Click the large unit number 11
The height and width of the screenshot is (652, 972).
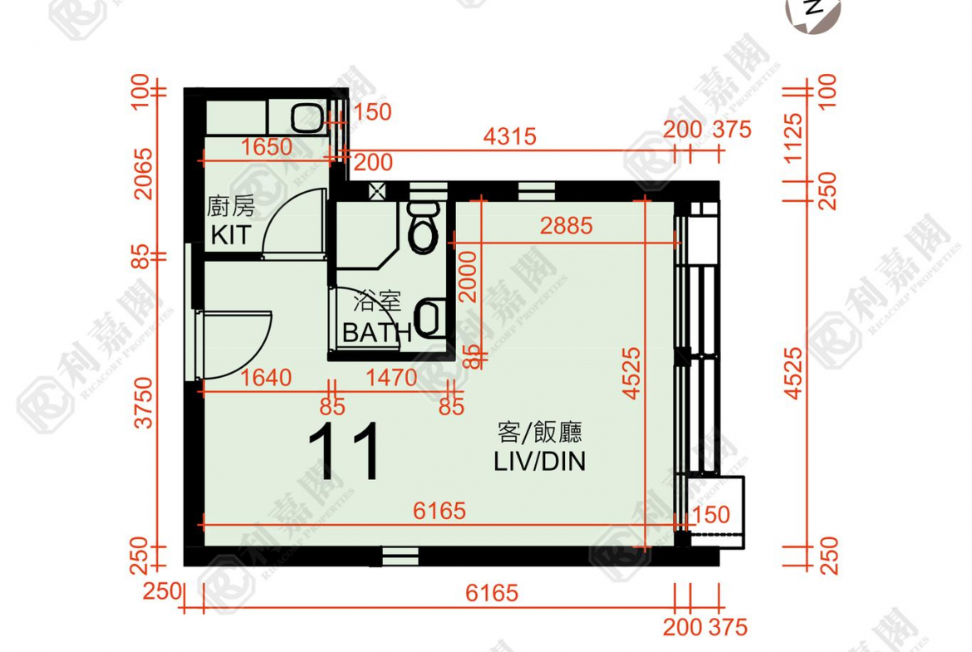click(x=344, y=453)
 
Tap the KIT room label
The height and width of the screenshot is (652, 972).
click(x=230, y=235)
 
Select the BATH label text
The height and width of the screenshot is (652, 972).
click(x=377, y=332)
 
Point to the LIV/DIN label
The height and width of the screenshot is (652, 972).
click(x=539, y=461)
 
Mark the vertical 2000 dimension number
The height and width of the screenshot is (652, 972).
click(x=469, y=277)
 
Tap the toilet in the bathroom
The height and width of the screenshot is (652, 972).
click(x=424, y=228)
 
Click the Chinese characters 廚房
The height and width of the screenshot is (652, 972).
click(x=230, y=207)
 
